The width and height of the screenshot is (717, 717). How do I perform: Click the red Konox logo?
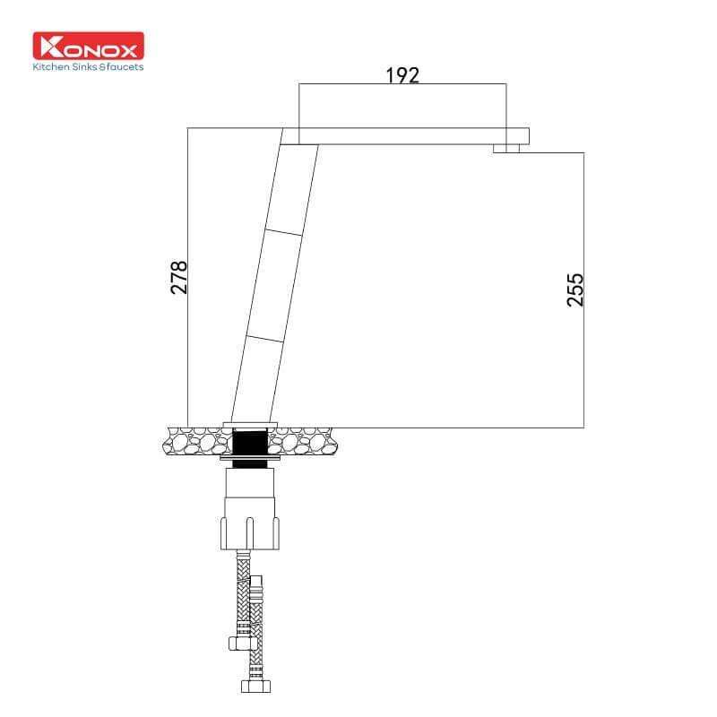[88, 46]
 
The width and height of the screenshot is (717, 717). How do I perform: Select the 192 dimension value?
[402, 75]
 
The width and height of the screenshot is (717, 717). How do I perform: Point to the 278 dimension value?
[179, 277]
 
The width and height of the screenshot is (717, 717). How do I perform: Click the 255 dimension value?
[575, 289]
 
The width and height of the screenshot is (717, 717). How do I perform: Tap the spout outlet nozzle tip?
[506, 149]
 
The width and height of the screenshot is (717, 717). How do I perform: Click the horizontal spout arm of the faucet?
[412, 136]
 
